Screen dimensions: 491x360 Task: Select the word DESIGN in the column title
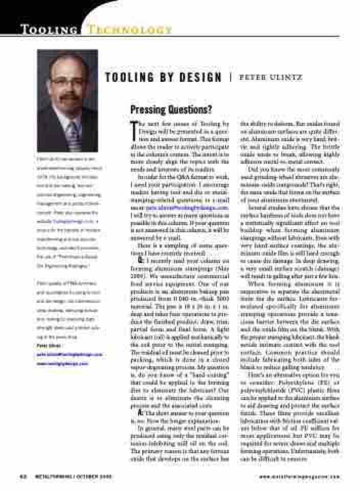[197, 78]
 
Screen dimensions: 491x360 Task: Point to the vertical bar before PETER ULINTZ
[231, 78]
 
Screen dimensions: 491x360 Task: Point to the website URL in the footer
[299, 475]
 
